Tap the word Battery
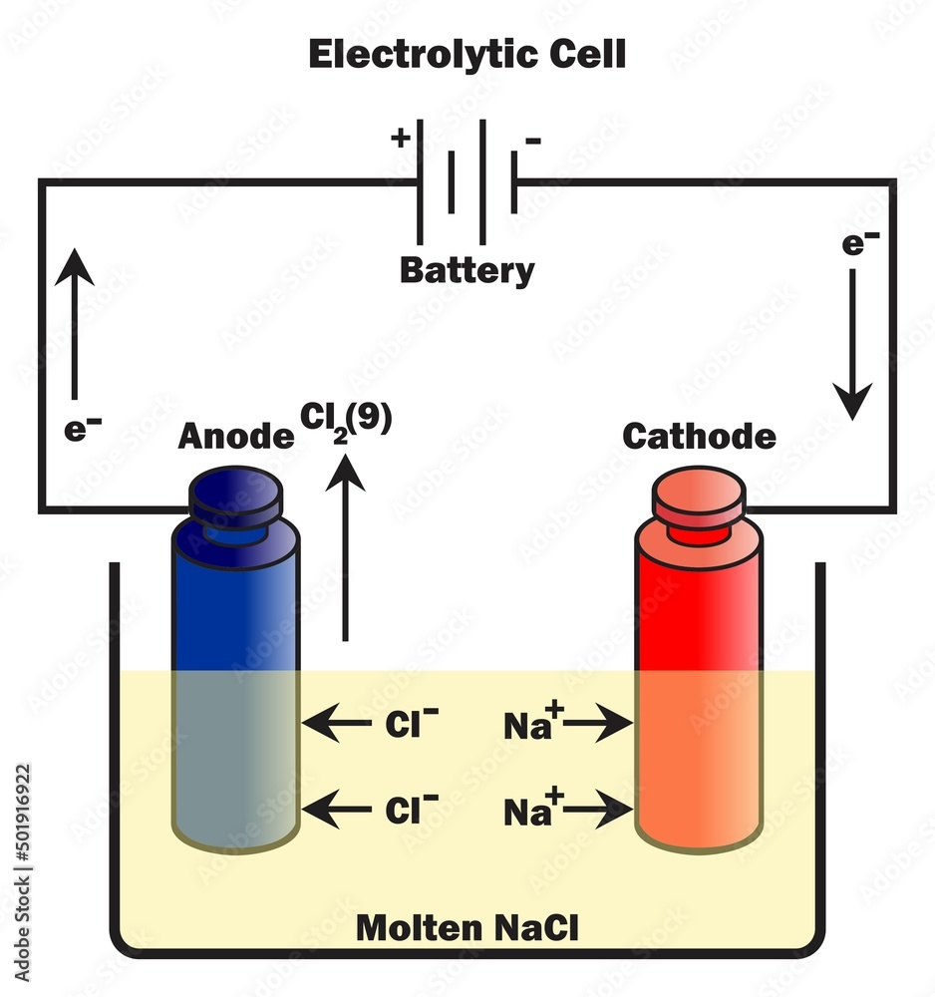tap(467, 270)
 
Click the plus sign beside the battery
tap(401, 137)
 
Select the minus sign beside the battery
tap(533, 141)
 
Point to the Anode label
tap(235, 436)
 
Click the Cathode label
tap(698, 436)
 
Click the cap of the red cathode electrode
tap(698, 497)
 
